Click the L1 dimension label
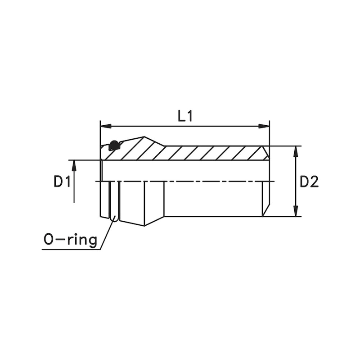[x=185, y=116]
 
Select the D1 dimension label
[x=62, y=182]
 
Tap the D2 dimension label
[x=309, y=182]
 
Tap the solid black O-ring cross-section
[x=114, y=145]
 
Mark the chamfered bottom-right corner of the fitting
[x=266, y=210]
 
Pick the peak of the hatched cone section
[x=144, y=137]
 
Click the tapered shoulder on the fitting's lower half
[x=154, y=221]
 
